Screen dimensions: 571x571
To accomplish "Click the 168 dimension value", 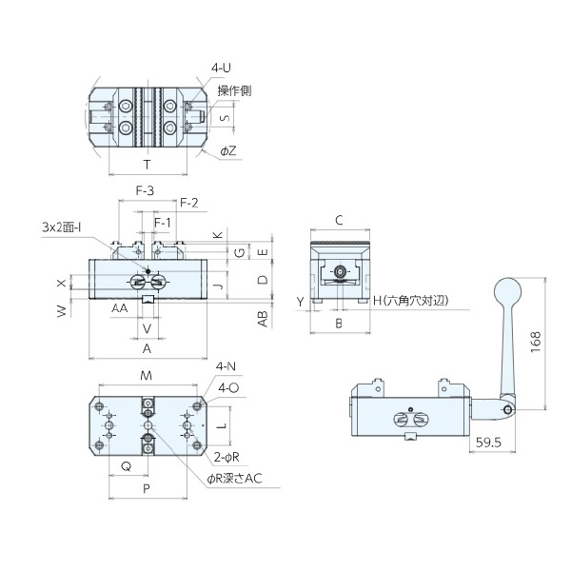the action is (536, 342).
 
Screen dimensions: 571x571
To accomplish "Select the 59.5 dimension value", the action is (488, 443).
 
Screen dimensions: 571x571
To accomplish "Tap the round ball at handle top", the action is (507, 292).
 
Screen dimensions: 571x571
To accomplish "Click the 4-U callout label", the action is (221, 68).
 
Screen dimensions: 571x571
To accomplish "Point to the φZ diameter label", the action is (228, 150).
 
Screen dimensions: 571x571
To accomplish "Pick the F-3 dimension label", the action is (145, 190).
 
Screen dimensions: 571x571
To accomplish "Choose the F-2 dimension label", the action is (189, 203).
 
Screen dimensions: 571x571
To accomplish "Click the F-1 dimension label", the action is (162, 222).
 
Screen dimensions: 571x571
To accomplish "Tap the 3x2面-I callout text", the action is (62, 227).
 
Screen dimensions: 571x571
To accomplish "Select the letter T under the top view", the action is (147, 165).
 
